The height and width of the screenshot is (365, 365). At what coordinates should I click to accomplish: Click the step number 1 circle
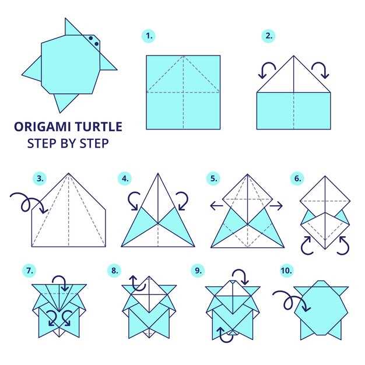pyautogui.click(x=149, y=36)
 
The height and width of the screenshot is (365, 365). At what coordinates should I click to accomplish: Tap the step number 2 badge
pyautogui.click(x=268, y=36)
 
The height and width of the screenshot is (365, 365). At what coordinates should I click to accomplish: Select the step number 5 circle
pyautogui.click(x=213, y=178)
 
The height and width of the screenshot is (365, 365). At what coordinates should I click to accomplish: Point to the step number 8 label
pyautogui.click(x=114, y=271)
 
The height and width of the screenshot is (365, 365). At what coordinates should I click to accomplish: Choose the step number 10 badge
pyautogui.click(x=286, y=271)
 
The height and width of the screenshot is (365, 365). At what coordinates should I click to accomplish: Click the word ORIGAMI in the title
pyautogui.click(x=42, y=127)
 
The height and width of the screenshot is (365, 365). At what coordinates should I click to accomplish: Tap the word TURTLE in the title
pyautogui.click(x=99, y=127)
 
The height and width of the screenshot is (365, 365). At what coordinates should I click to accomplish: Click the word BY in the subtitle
pyautogui.click(x=68, y=143)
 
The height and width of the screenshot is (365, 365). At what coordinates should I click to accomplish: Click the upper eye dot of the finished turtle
pyautogui.click(x=91, y=38)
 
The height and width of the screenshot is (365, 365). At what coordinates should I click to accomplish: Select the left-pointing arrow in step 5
pyautogui.click(x=216, y=206)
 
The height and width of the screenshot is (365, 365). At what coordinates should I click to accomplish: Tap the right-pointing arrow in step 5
pyautogui.click(x=276, y=206)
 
